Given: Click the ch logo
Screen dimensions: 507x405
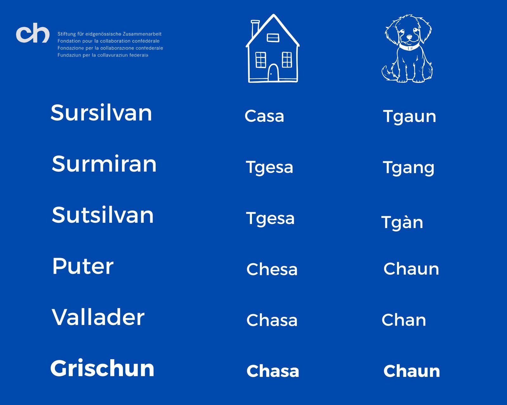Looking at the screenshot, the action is coord(33,33).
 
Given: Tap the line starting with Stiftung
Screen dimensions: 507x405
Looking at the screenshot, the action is coord(110,34).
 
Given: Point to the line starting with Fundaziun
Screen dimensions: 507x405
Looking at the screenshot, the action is coord(103,55).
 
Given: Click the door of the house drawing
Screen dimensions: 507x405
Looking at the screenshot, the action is coord(273,72).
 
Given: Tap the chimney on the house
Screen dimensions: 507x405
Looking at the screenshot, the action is coord(255,28).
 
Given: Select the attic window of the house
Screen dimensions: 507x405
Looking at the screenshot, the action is coord(273,38).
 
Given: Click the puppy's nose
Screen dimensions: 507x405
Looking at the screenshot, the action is coord(409,37).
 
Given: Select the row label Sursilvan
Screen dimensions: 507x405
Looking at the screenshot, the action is coord(101,113).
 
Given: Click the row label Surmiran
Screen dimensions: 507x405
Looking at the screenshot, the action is coord(104,164).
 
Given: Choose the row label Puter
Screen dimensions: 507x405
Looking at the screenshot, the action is coord(83,266).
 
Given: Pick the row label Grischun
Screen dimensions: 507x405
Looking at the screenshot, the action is coord(102,368).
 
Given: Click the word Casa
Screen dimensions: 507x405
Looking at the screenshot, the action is coord(264,116).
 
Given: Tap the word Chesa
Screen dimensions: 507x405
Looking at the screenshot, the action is coord(272,269).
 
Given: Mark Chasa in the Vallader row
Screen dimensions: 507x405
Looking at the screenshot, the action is coord(272,320).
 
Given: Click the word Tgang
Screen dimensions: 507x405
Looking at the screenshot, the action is coord(408,168).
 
